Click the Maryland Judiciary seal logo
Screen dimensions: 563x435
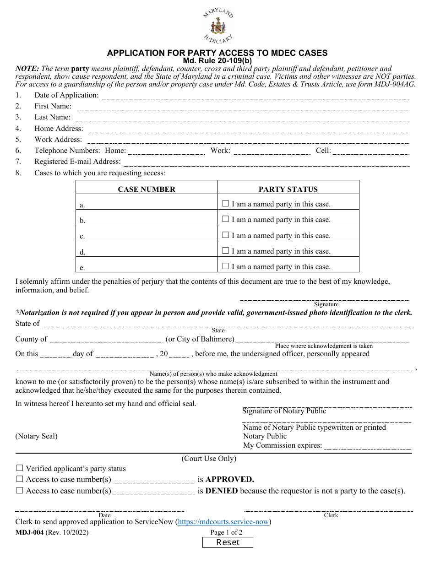click(x=218, y=26)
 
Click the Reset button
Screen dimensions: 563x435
click(x=228, y=542)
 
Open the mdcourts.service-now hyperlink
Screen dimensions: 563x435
click(x=223, y=522)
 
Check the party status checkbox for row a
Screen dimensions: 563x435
click(x=225, y=204)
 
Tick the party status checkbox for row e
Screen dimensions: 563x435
click(x=225, y=266)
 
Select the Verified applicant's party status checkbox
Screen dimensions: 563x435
click(x=20, y=468)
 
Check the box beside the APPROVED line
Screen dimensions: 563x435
click(x=20, y=479)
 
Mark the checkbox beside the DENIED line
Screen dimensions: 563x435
click(x=20, y=491)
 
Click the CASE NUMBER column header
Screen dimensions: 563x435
click(x=147, y=189)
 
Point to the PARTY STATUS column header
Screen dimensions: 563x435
click(x=288, y=189)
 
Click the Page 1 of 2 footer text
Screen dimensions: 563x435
click(x=226, y=532)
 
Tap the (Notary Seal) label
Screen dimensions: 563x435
click(x=37, y=436)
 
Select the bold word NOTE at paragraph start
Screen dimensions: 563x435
click(x=27, y=69)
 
